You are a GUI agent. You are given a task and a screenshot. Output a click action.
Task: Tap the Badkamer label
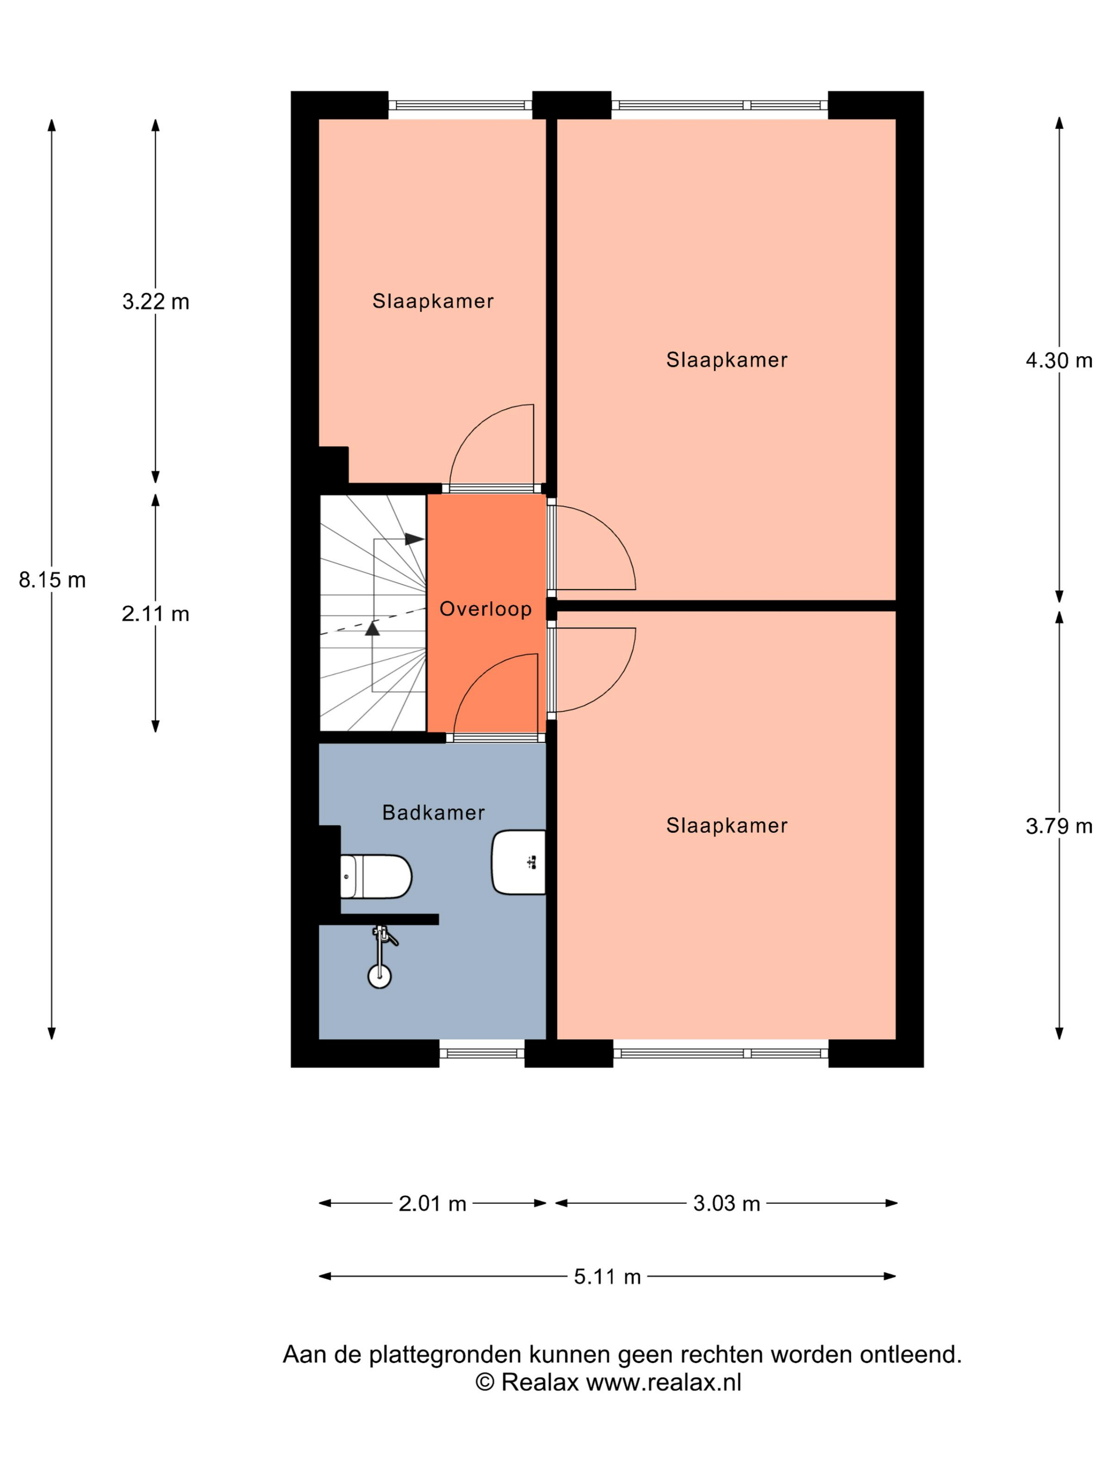433,812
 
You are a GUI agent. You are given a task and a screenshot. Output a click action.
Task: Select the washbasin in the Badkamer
518,862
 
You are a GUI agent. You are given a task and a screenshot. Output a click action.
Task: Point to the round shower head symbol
380,976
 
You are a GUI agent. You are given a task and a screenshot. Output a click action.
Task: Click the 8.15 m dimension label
52,580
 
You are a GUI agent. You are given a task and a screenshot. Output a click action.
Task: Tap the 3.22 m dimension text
156,302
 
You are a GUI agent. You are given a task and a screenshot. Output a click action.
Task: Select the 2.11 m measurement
156,613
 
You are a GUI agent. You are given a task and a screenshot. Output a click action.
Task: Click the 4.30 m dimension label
1059,360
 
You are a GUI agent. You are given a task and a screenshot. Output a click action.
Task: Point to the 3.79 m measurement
1059,826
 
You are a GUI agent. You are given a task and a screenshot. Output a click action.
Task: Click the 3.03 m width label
726,1203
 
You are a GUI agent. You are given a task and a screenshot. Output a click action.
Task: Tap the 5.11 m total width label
607,1276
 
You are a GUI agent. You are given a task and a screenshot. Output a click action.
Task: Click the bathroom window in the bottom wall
481,1053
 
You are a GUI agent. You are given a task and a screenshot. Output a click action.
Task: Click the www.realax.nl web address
663,1382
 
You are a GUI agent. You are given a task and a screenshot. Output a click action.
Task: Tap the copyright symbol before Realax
485,1382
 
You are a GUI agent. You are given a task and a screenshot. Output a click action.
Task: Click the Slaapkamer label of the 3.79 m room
726,825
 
